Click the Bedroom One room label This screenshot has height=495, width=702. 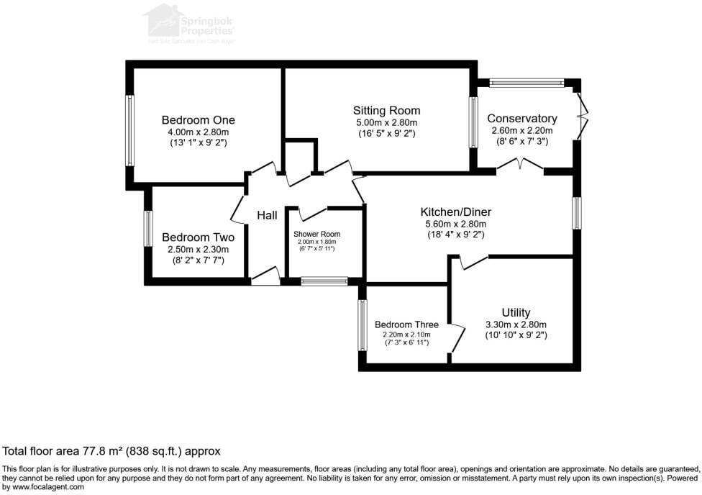(x=198, y=120)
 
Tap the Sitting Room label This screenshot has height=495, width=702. (x=386, y=111)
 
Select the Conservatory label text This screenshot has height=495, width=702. (x=521, y=119)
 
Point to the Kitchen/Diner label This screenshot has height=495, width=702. (x=456, y=212)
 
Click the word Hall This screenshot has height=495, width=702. (x=267, y=215)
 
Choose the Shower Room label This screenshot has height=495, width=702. (x=316, y=235)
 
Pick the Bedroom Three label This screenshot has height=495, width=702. (x=406, y=324)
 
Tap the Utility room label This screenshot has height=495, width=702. (x=516, y=312)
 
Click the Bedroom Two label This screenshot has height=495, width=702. (x=198, y=237)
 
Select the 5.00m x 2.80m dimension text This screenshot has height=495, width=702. (x=386, y=122)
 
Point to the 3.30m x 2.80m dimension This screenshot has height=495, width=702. (x=516, y=324)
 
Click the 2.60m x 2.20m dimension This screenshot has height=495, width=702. (x=521, y=130)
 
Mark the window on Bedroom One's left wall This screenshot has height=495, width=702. (x=130, y=130)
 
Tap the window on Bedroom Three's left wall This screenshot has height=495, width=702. (x=363, y=325)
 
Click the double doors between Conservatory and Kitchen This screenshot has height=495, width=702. (x=520, y=167)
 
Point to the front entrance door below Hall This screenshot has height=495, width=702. (x=265, y=277)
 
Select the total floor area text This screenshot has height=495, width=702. (x=111, y=451)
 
